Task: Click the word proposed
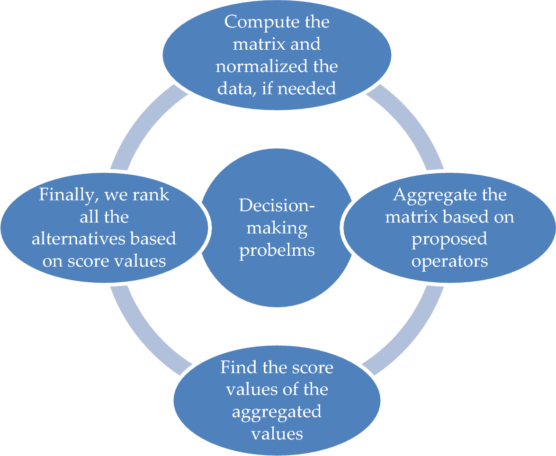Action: click(x=449, y=239)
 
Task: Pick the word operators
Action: click(x=449, y=261)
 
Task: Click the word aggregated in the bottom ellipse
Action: click(x=277, y=411)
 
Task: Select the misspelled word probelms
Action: click(x=277, y=250)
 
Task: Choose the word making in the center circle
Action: click(x=277, y=228)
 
